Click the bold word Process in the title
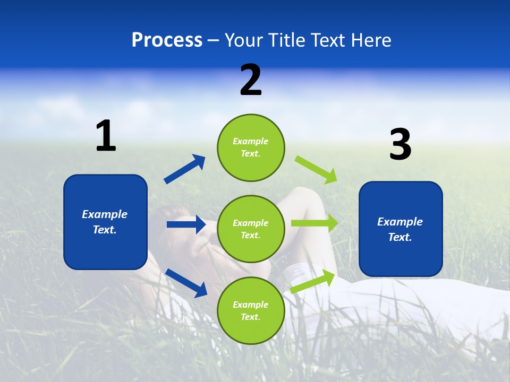coord(167,40)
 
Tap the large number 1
coord(106,136)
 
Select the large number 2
coord(251,80)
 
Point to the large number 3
coord(400,145)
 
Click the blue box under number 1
coord(105,222)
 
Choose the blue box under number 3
coord(401,229)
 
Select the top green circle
coord(251,147)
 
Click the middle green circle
coord(251,229)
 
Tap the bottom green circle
coord(251,310)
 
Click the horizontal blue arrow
coord(186,224)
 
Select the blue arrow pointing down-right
coord(186,282)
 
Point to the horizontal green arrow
coord(314,223)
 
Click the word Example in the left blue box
coord(105,214)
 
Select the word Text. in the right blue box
coord(400,237)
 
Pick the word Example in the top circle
coord(251,141)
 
